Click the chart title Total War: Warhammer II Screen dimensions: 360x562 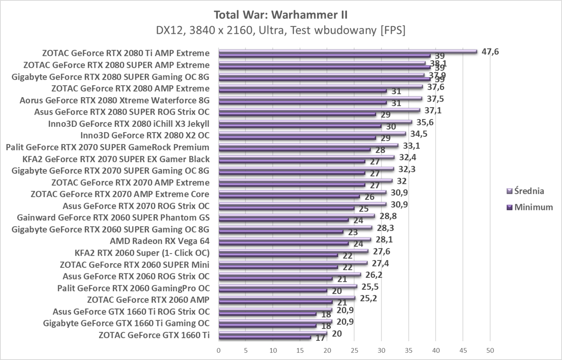click(x=281, y=15)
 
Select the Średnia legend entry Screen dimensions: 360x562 click(x=529, y=191)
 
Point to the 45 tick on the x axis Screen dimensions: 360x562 click(x=463, y=350)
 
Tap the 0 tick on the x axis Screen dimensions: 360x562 click(x=218, y=350)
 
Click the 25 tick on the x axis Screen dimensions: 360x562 click(x=354, y=350)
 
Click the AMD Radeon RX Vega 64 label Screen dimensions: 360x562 click(x=159, y=241)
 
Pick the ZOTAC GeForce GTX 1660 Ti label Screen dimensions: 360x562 click(x=154, y=335)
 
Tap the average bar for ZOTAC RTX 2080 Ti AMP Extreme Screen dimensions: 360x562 click(x=348, y=51)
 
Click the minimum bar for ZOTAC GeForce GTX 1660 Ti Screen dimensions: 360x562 click(x=265, y=338)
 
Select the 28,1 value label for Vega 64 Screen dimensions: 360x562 click(x=384, y=240)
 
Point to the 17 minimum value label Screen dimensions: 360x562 click(x=320, y=338)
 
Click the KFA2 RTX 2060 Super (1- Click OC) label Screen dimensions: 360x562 click(x=142, y=253)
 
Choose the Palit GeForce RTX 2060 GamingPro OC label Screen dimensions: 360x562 click(x=133, y=288)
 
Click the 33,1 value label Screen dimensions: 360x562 click(x=411, y=146)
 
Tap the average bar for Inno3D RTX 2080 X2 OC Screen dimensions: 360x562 click(x=312, y=134)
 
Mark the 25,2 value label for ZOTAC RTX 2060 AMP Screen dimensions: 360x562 click(x=369, y=298)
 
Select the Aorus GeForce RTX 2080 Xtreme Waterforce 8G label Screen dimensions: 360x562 click(x=114, y=100)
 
